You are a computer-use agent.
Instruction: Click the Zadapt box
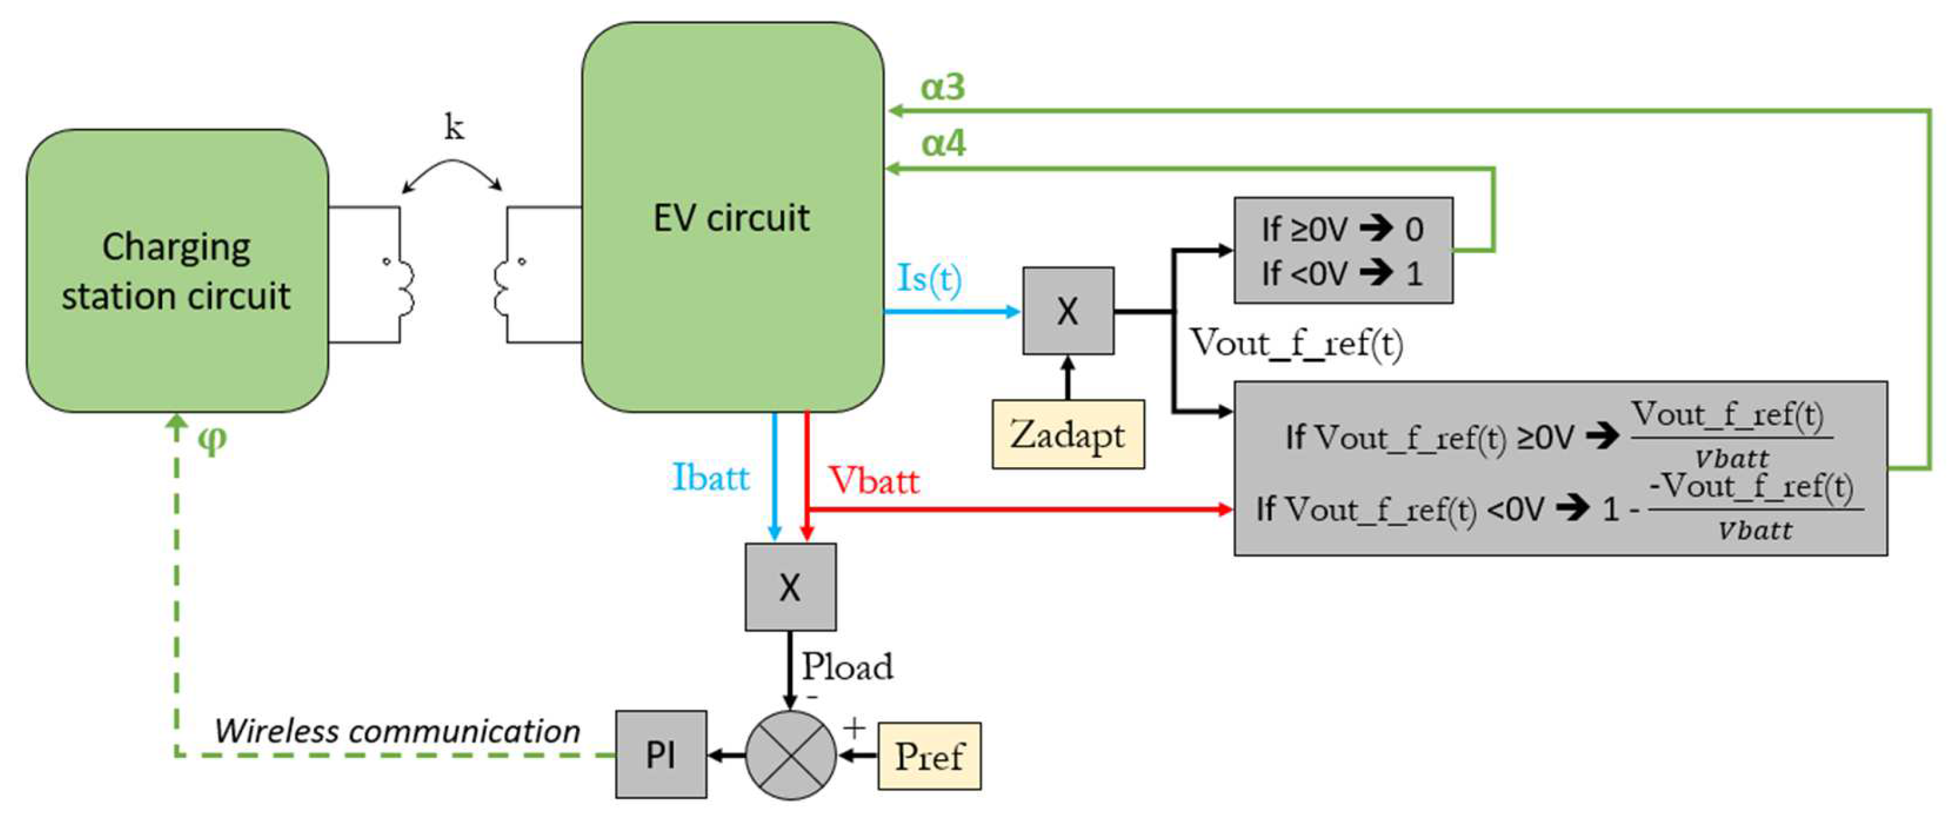[1067, 435]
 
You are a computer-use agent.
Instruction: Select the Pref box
[929, 756]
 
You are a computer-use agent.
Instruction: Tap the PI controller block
[660, 754]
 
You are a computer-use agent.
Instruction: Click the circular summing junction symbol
[791, 754]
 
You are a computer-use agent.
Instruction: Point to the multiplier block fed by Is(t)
[1067, 311]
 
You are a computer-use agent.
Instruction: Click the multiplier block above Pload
[791, 587]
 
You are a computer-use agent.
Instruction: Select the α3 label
[943, 87]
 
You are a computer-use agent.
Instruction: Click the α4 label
[943, 143]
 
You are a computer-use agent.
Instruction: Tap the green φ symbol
[211, 438]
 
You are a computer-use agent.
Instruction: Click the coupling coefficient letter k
[453, 127]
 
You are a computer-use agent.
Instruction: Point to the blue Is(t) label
[929, 278]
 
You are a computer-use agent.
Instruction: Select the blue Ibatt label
[711, 478]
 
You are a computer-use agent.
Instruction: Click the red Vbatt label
[874, 480]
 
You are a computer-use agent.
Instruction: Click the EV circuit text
[731, 218]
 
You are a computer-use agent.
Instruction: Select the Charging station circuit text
[176, 271]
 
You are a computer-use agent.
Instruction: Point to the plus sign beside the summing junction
[854, 728]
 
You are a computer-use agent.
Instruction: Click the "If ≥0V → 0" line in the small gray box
[1342, 229]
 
